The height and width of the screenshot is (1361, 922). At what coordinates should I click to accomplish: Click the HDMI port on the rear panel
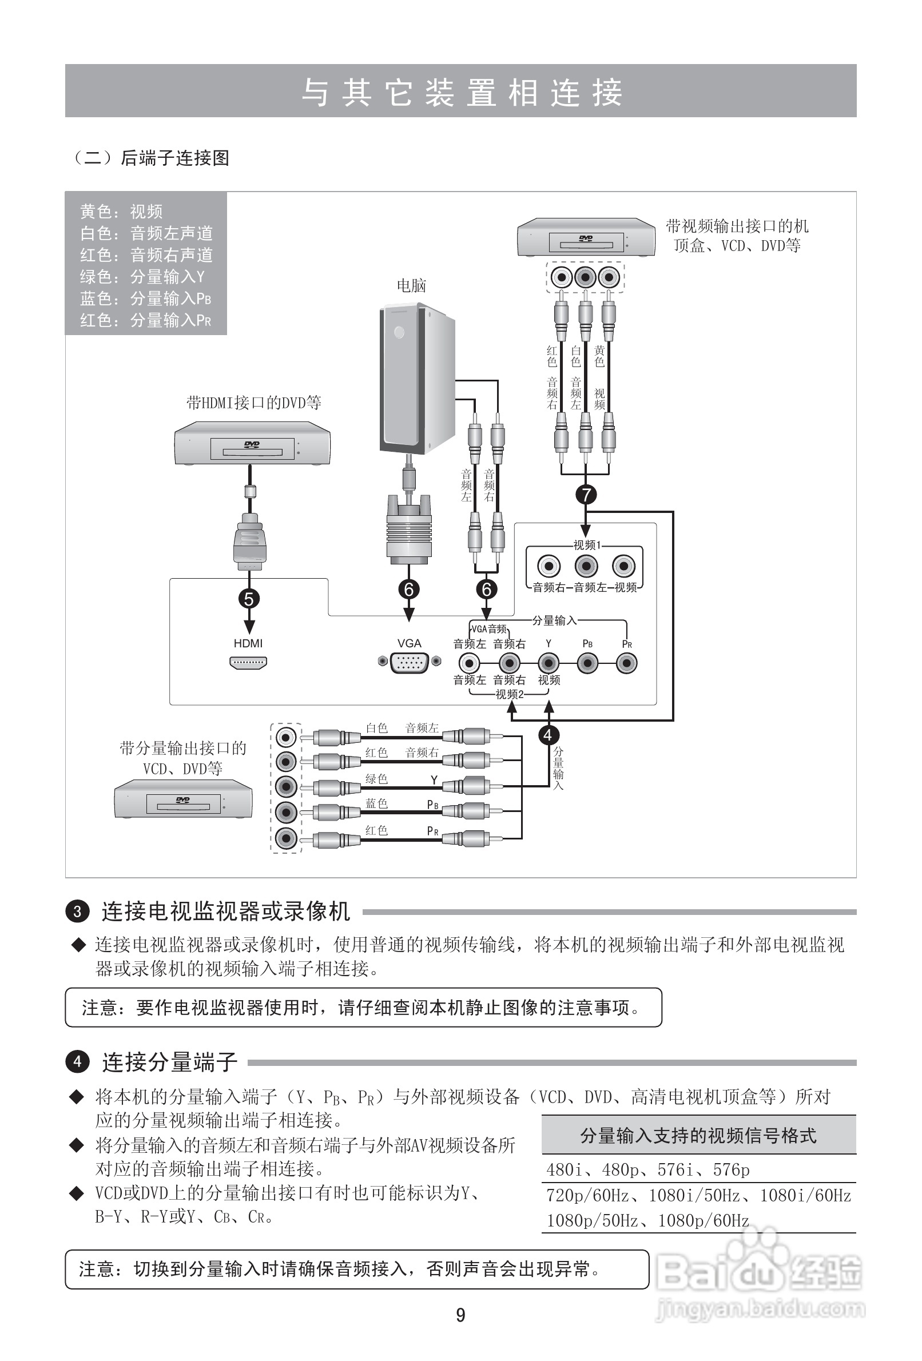pyautogui.click(x=248, y=662)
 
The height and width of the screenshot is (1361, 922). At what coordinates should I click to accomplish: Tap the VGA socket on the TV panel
pyautogui.click(x=409, y=662)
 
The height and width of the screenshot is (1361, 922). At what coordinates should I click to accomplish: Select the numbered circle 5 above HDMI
pyautogui.click(x=249, y=599)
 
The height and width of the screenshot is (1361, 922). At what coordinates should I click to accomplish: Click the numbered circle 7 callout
pyautogui.click(x=586, y=495)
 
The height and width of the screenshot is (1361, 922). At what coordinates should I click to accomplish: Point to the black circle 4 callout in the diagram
pyautogui.click(x=549, y=735)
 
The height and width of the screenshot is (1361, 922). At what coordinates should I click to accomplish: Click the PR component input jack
pyautogui.click(x=627, y=663)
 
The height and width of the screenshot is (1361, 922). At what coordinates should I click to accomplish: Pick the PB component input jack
pyautogui.click(x=587, y=663)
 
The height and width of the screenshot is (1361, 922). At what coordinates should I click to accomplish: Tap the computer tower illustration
pyautogui.click(x=416, y=378)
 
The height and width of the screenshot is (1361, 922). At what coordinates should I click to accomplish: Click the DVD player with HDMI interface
pyautogui.click(x=252, y=447)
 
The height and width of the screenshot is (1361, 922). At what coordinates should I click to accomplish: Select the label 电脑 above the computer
pyautogui.click(x=411, y=286)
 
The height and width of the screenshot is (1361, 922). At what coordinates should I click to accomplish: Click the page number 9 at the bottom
pyautogui.click(x=460, y=1315)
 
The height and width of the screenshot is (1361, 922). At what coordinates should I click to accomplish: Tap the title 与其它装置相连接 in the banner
pyautogui.click(x=461, y=92)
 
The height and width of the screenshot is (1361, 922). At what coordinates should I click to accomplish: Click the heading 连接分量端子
pyautogui.click(x=170, y=1062)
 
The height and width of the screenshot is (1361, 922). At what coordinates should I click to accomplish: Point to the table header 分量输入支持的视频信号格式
pyautogui.click(x=698, y=1136)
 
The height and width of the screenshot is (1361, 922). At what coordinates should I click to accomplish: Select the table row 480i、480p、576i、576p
pyautogui.click(x=648, y=1169)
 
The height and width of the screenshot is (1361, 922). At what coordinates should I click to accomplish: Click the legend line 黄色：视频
pyautogui.click(x=121, y=212)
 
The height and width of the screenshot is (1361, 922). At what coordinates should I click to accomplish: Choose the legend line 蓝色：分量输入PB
pyautogui.click(x=145, y=299)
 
